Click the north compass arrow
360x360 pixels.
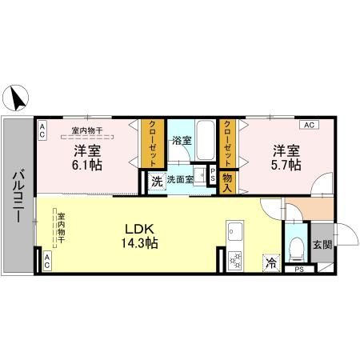pos(18,98)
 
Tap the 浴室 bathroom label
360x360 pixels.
pos(182,141)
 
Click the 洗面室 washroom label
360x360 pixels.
pos(179,180)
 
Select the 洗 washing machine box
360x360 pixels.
pos(156,181)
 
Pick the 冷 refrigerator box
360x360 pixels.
pos(270,262)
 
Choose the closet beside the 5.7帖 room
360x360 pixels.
pos(227,142)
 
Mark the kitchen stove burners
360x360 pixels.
pos(235,258)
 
